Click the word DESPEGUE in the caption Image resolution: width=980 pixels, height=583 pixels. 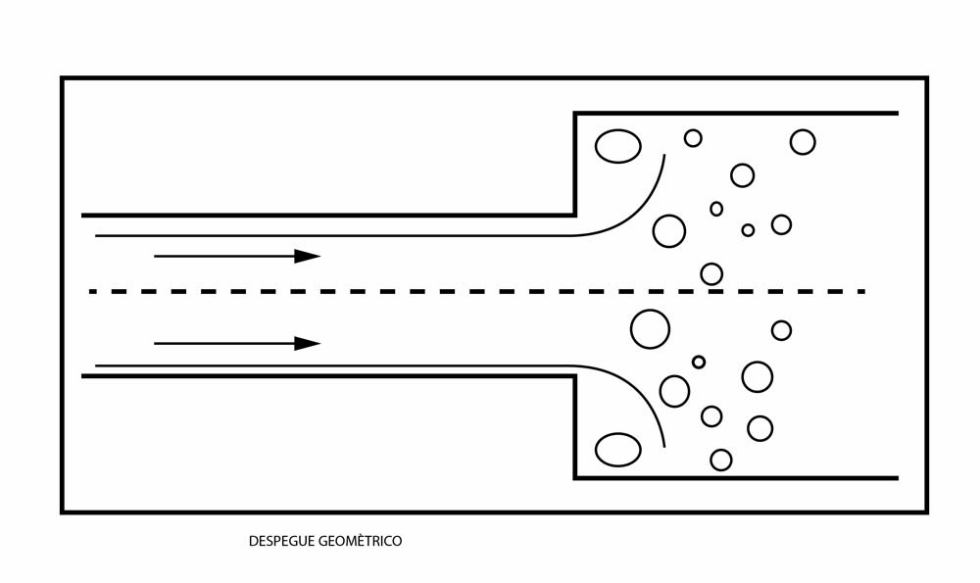click(281, 541)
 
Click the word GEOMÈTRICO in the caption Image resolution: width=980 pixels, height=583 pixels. click(361, 541)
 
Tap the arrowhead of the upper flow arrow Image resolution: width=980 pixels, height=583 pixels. click(308, 256)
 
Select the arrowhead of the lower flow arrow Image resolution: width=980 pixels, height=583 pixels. click(308, 344)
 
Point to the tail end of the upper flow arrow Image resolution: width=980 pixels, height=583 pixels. click(155, 256)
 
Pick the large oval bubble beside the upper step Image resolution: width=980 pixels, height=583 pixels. click(618, 146)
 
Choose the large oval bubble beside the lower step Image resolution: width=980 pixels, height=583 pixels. click(618, 450)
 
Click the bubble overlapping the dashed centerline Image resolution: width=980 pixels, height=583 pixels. click(711, 274)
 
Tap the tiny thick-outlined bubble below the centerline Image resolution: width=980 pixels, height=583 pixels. click(699, 362)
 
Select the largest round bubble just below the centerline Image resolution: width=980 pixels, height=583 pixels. click(650, 328)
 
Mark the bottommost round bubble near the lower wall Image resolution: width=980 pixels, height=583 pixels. click(721, 460)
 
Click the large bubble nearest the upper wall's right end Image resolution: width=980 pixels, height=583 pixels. click(803, 142)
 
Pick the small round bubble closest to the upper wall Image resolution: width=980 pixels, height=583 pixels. click(693, 138)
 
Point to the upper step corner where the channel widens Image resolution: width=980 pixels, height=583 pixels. click(575, 215)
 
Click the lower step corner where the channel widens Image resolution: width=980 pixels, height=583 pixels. click(575, 376)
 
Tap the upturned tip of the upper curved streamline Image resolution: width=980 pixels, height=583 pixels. click(664, 155)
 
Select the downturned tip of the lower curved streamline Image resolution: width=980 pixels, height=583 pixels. click(663, 446)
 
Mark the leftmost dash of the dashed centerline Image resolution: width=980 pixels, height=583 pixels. click(94, 291)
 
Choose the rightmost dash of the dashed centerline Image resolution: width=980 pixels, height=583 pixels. click(860, 291)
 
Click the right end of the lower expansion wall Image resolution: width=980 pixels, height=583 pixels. click(897, 478)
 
